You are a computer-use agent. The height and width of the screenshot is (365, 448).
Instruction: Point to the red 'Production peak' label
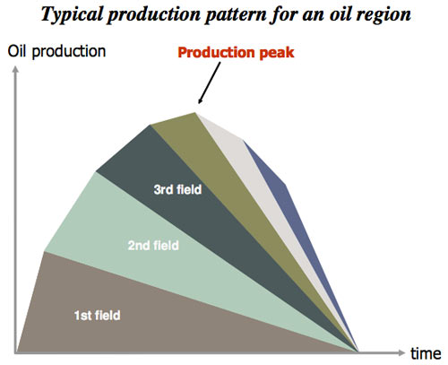pos(236,53)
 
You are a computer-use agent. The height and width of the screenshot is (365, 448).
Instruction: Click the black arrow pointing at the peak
pos(209,83)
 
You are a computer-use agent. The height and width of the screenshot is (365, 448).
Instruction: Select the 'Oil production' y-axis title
pos(56,52)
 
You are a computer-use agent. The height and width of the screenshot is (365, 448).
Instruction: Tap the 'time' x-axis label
pos(426,353)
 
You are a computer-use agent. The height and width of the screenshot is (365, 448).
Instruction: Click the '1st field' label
pos(97,316)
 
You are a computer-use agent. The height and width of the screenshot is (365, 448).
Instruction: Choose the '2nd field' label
pos(153,246)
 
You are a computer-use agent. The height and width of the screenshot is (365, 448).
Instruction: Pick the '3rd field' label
pos(177,189)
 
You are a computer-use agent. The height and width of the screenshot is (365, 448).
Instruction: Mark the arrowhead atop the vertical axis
pos(15,69)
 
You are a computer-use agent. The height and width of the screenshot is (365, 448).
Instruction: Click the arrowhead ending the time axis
pos(401,352)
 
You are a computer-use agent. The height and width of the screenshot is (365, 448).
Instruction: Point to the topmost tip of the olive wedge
pos(194,113)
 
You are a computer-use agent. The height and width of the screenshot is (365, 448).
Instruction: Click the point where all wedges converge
pos(358,352)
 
